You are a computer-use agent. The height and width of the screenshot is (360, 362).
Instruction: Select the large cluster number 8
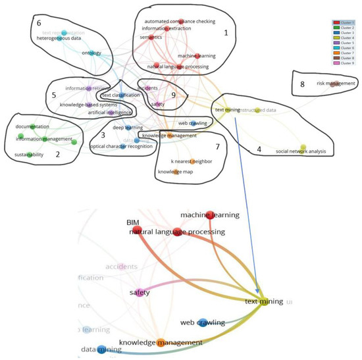click(302, 84)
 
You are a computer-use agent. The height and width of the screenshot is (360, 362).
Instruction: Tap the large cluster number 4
click(259, 149)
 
